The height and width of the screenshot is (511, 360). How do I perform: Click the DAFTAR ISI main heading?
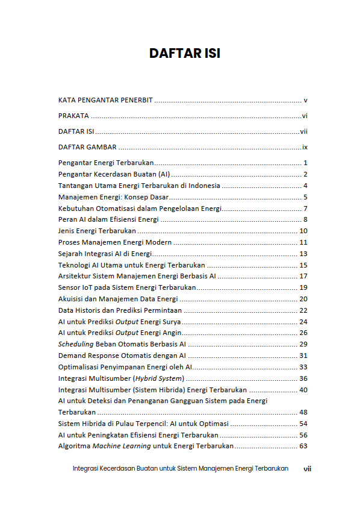point(184,54)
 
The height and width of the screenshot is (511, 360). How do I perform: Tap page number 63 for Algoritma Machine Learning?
point(303,447)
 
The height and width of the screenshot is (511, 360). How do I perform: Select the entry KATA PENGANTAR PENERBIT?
point(106,100)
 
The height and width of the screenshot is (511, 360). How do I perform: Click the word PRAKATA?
point(73,116)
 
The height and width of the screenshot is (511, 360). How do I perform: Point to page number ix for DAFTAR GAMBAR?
point(305,147)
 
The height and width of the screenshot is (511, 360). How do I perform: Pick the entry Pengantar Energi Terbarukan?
point(106,163)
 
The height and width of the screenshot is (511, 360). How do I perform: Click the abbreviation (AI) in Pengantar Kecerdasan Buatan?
point(161,174)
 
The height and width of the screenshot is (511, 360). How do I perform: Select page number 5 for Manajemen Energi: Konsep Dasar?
point(306,197)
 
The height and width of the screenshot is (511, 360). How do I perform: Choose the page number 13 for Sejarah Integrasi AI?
point(303,254)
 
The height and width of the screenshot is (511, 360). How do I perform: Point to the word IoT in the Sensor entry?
point(90,287)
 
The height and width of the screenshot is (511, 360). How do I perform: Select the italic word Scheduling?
point(76,344)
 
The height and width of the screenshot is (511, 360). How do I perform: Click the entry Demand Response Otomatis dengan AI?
point(122,356)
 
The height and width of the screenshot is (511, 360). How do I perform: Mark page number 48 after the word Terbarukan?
point(303,412)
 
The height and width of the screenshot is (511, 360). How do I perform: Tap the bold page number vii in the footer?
point(307,468)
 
